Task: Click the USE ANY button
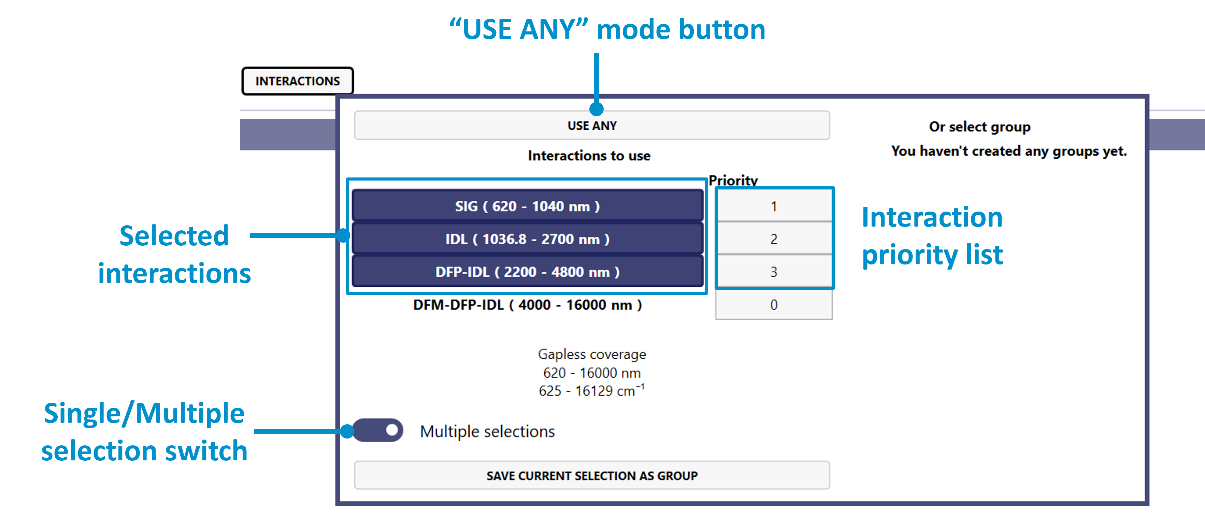pos(592,125)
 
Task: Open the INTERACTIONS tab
pos(298,81)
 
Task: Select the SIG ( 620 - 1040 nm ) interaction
pos(527,206)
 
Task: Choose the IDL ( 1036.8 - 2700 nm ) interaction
pos(527,239)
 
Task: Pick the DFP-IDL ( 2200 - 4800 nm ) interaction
pos(527,272)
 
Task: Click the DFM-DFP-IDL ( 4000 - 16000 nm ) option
pos(527,305)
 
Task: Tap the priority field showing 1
pos(773,206)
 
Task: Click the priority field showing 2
pos(773,239)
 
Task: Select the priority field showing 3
pos(773,272)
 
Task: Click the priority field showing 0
pos(773,305)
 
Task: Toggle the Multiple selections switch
pos(378,430)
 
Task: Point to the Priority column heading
pos(733,181)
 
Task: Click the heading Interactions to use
pos(589,156)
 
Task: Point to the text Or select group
pos(979,127)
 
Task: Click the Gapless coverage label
pos(592,354)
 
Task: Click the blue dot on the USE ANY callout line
pos(597,109)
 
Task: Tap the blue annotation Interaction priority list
pos(932,236)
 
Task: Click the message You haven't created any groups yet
pos(1008,151)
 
